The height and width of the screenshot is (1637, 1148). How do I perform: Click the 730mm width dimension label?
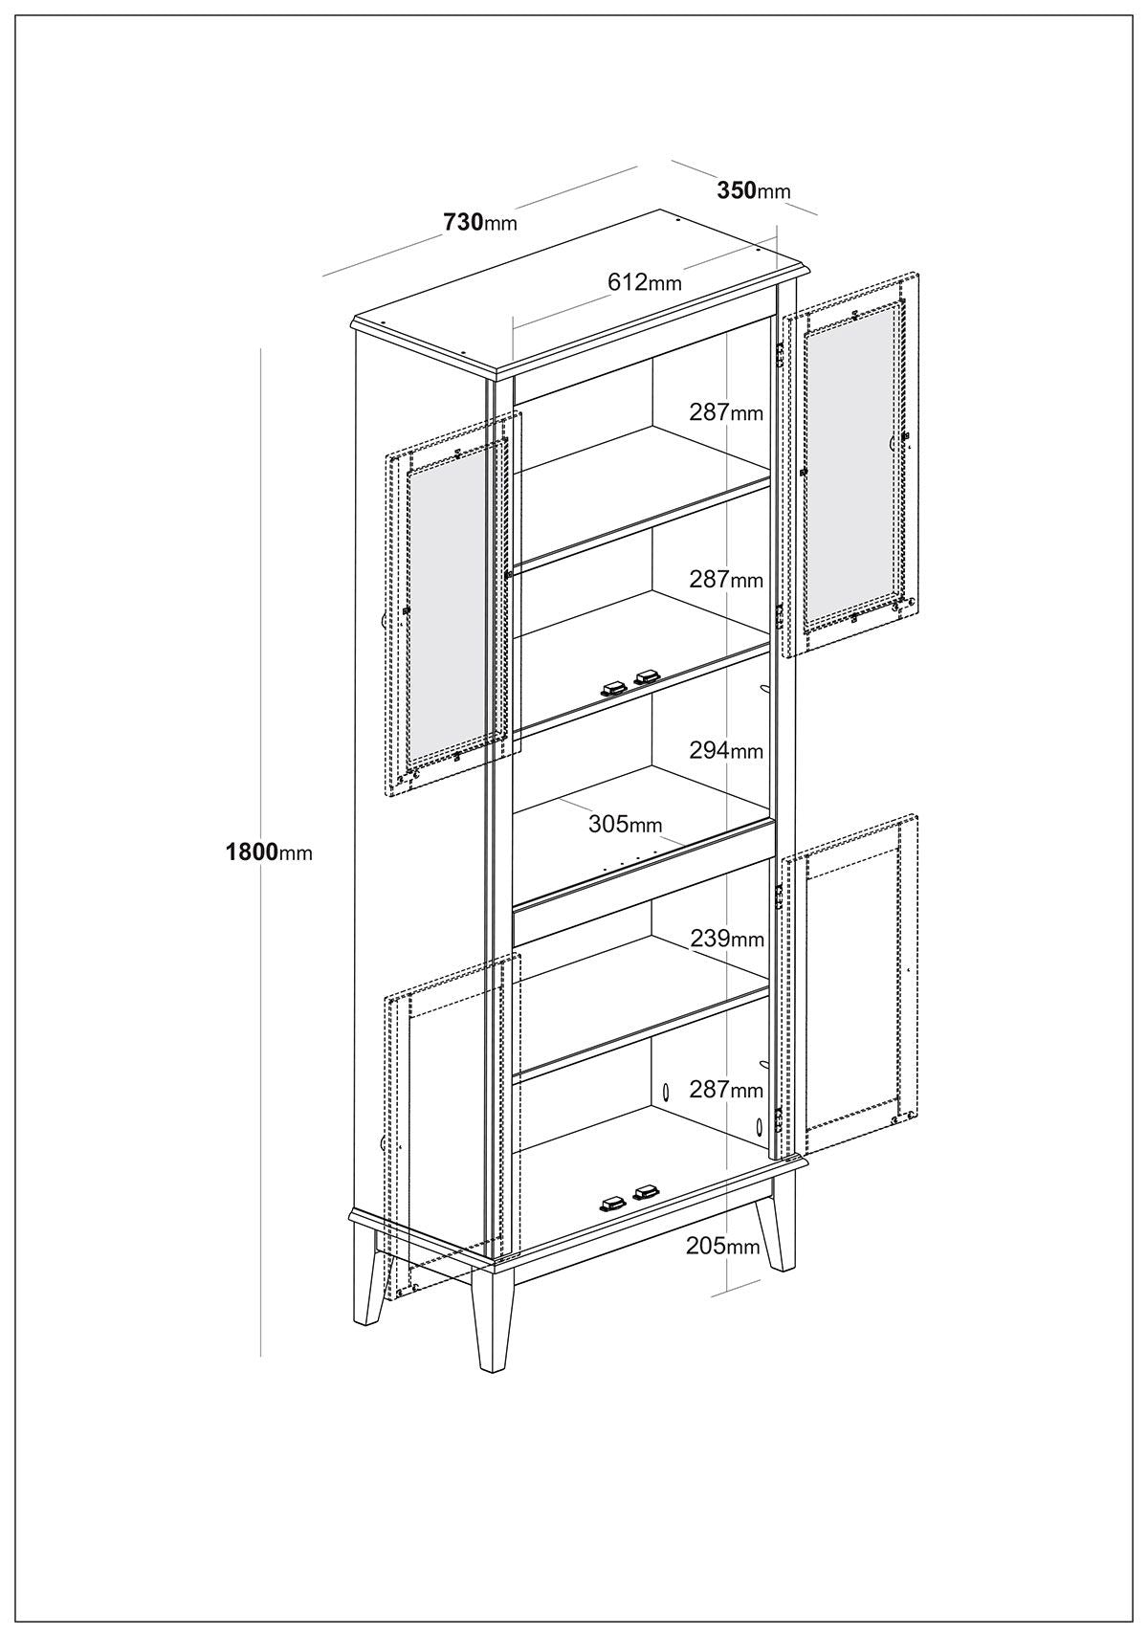pyautogui.click(x=480, y=221)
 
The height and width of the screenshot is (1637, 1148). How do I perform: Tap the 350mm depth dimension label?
pyautogui.click(x=754, y=190)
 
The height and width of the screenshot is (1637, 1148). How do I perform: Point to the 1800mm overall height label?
pyautogui.click(x=269, y=852)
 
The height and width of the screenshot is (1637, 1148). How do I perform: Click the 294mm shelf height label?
pyautogui.click(x=726, y=750)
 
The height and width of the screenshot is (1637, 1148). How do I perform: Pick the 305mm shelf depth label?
pyautogui.click(x=626, y=824)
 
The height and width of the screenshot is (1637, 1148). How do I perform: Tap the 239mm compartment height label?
pyautogui.click(x=727, y=938)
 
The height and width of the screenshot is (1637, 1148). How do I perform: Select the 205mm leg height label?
pyautogui.click(x=722, y=1246)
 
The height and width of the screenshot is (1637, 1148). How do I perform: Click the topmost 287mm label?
pyautogui.click(x=726, y=412)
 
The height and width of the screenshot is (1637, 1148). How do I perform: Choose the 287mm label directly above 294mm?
pyautogui.click(x=726, y=580)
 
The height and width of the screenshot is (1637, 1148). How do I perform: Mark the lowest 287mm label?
pyautogui.click(x=726, y=1090)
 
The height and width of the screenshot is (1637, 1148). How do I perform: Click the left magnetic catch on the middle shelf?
pyautogui.click(x=612, y=689)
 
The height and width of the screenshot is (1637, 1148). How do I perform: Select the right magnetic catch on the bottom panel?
pyautogui.click(x=646, y=1193)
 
